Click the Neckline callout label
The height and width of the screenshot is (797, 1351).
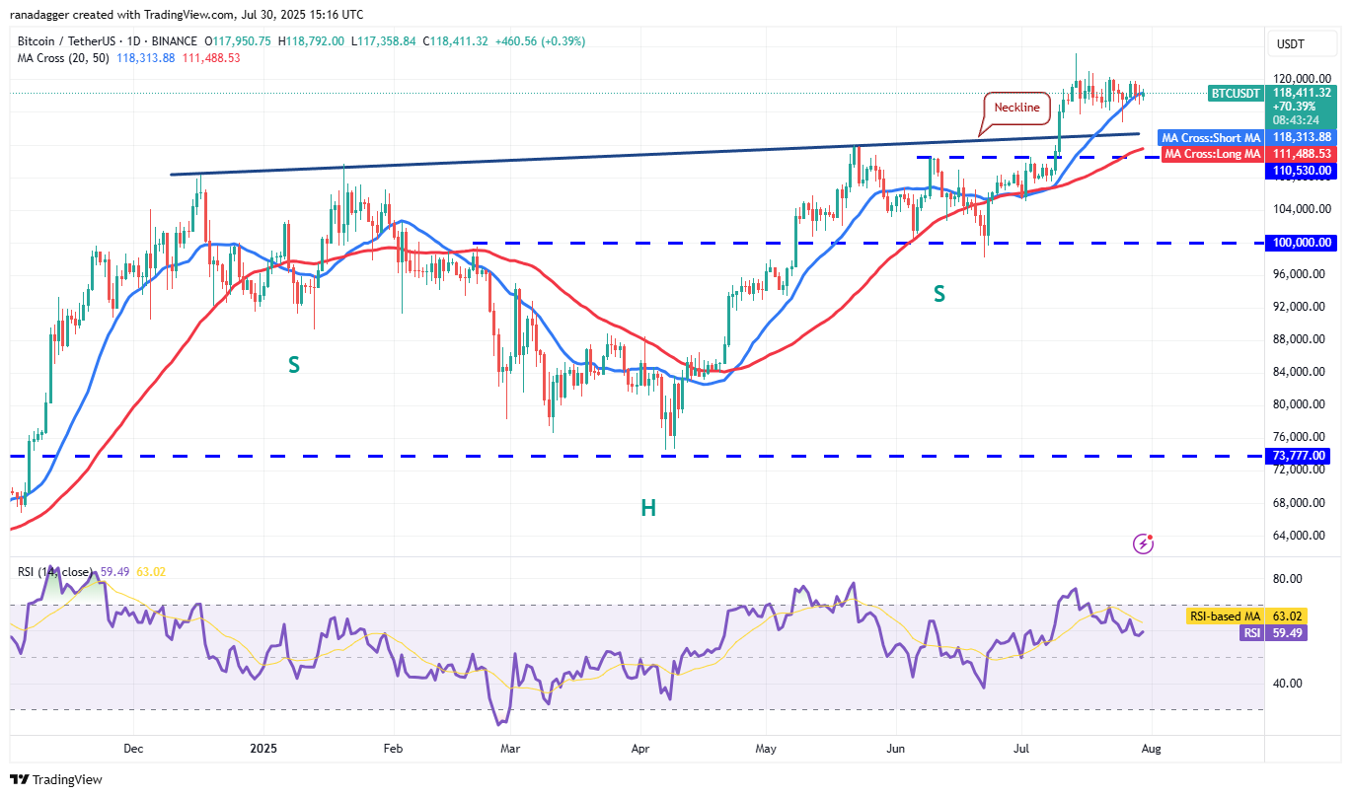1016,108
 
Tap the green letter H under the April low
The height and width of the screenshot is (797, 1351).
648,508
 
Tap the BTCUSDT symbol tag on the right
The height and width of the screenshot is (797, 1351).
1235,93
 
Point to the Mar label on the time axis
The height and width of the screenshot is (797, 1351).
509,748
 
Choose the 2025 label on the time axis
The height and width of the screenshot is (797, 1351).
263,748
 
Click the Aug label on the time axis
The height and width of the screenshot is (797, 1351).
1151,748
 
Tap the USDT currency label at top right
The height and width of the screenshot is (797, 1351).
1291,43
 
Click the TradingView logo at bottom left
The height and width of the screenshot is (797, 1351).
57,779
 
